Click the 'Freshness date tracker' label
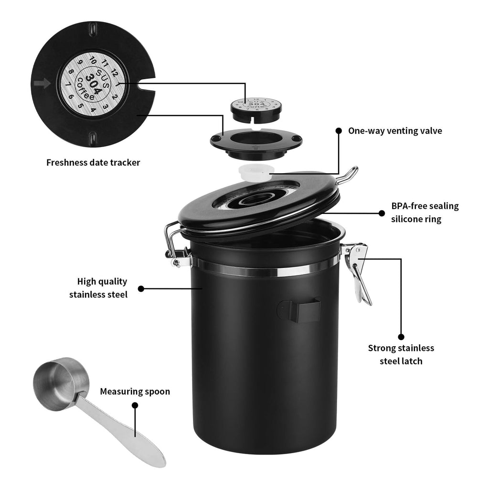pos(93,162)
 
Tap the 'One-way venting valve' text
pos(395,130)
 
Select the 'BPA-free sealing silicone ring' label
pos(425,213)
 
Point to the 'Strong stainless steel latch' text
pos(401,354)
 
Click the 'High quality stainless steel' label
pos(98,287)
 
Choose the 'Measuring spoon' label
pos(135,392)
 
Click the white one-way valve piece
pos(254,172)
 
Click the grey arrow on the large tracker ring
pos(42,84)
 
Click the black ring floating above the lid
pos(257,143)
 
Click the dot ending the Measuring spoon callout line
pos(135,405)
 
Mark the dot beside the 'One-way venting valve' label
pos(339,130)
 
